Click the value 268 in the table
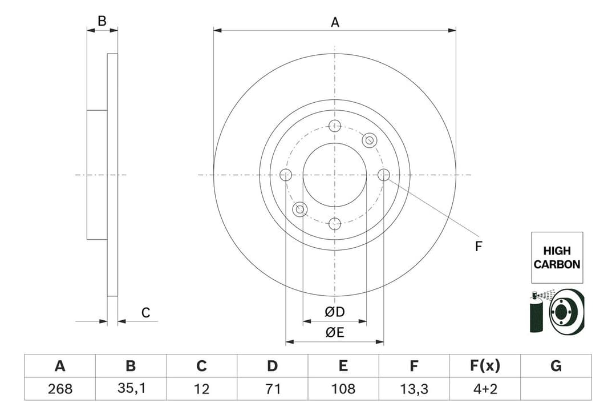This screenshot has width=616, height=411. coord(60,389)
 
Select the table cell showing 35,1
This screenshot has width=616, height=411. coord(131,389)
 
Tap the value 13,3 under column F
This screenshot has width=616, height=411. coord(414,389)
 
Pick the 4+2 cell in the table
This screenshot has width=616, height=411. coord(485,389)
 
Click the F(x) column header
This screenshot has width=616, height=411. coord(485,366)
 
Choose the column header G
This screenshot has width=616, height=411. coord(556,366)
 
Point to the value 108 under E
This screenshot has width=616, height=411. coord(343,389)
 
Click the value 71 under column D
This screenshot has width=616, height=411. coord(273,389)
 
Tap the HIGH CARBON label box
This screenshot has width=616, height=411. coord(557,257)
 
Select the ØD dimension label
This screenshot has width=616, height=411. coord(335,312)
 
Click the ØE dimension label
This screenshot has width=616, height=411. coord(335,333)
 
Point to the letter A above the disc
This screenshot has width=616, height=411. coord(335,22)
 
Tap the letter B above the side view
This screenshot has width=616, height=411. coord(102,21)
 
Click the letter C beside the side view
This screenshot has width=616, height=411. coord(145,312)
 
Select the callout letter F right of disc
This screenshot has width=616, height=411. coord(479,247)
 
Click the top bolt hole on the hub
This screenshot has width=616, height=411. coord(335,126)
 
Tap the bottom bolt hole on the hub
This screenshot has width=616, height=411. coord(335,223)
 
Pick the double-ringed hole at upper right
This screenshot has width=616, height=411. coord(370,140)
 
